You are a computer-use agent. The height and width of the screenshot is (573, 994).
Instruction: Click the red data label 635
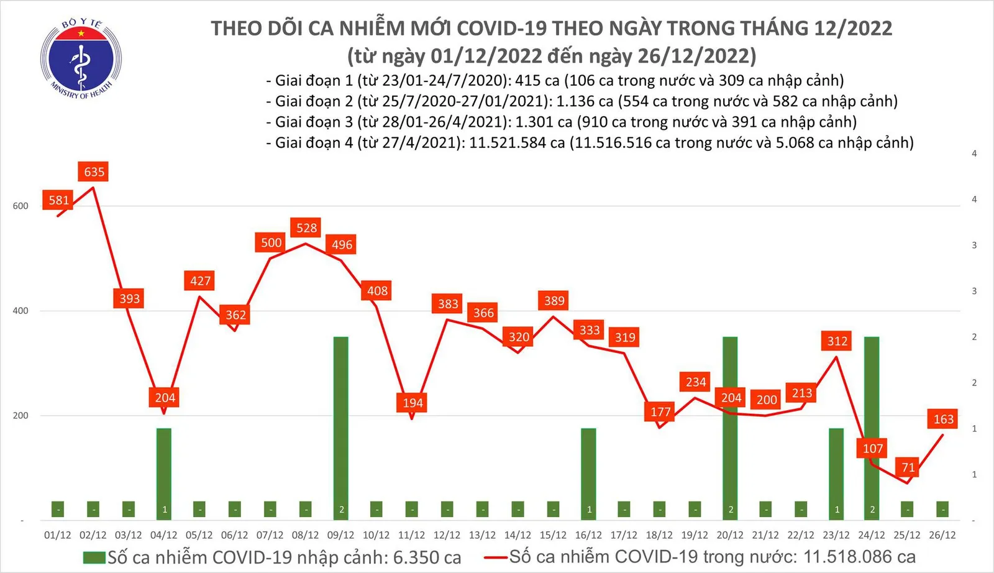(x=94, y=172)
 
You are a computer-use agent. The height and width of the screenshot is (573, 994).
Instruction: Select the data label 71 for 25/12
(x=908, y=467)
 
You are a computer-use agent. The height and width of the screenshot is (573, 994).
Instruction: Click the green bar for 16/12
(x=588, y=472)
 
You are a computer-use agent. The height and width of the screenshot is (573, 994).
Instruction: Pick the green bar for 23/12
(x=836, y=472)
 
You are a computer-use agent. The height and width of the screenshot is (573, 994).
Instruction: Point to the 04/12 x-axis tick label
(x=163, y=535)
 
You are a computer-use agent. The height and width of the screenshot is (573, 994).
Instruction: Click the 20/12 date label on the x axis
(x=730, y=535)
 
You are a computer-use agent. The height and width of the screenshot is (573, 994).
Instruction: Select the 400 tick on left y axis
(x=21, y=311)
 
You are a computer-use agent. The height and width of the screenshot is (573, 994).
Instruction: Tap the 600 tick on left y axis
(x=21, y=206)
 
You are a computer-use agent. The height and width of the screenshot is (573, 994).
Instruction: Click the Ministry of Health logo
(x=81, y=59)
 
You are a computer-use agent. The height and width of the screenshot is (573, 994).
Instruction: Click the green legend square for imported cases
(x=94, y=557)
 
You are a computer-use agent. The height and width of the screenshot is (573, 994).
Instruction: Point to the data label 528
(x=306, y=228)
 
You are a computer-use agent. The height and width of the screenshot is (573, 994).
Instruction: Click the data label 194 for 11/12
(x=413, y=403)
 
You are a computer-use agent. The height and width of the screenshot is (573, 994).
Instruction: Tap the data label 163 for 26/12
(x=943, y=419)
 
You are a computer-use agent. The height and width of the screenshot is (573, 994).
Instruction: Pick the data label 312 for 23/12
(x=837, y=341)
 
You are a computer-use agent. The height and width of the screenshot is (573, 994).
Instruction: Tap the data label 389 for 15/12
(x=554, y=301)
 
